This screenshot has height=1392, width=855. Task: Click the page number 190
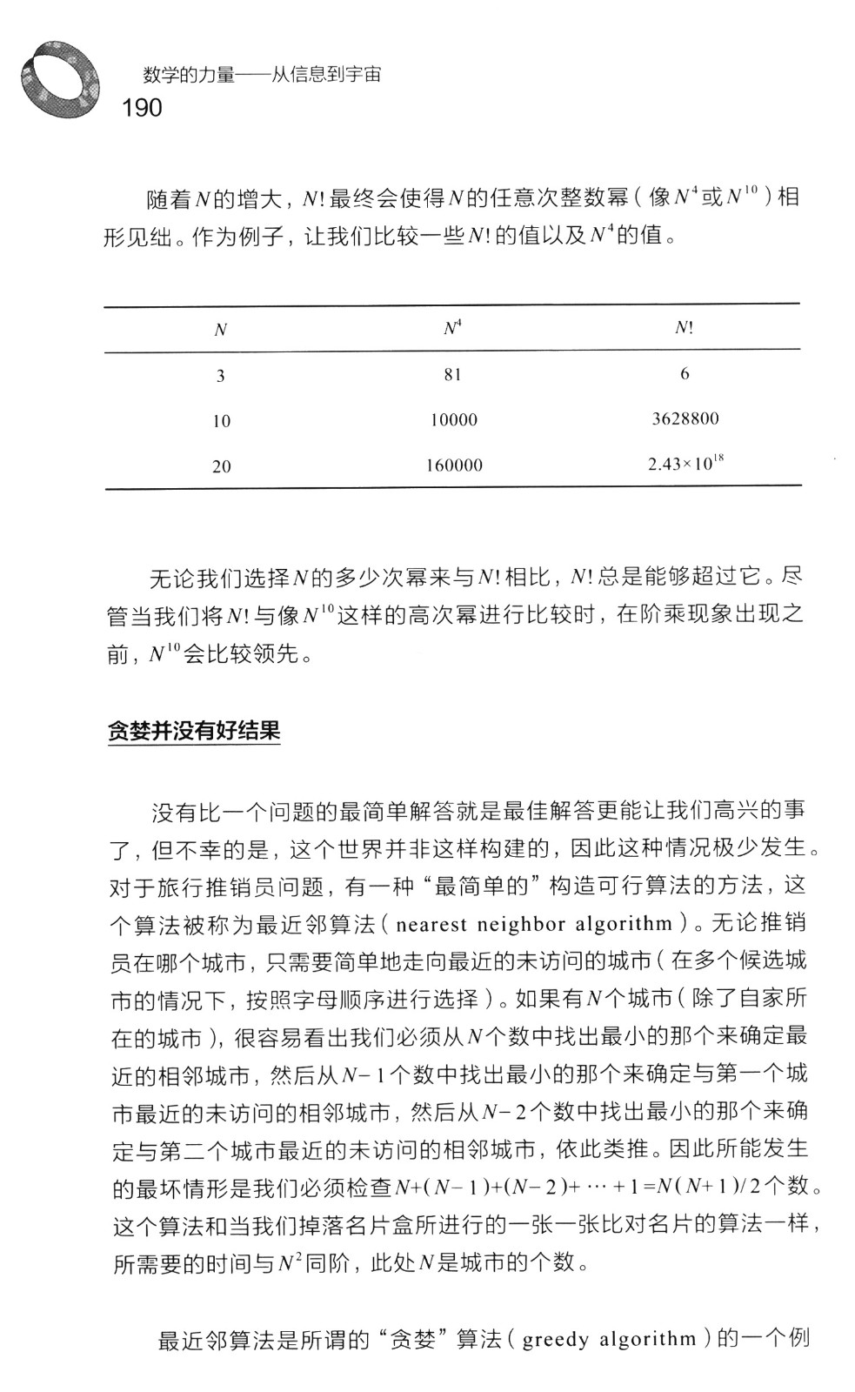(x=143, y=108)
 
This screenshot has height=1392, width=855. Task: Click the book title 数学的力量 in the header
(x=189, y=75)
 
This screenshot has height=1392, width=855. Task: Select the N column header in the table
(x=221, y=331)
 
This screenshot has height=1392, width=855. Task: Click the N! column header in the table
(x=684, y=328)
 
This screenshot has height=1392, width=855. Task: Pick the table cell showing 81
(x=452, y=375)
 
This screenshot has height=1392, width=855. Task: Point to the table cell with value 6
(x=685, y=374)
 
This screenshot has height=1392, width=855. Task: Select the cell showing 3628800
(x=685, y=419)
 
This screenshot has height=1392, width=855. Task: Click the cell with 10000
(x=454, y=420)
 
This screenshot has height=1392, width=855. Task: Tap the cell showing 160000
(x=454, y=465)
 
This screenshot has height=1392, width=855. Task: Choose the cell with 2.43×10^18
(x=685, y=464)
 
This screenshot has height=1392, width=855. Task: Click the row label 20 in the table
(x=222, y=466)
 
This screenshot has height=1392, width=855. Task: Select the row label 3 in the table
(x=221, y=376)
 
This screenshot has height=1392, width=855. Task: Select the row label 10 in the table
(x=222, y=421)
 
